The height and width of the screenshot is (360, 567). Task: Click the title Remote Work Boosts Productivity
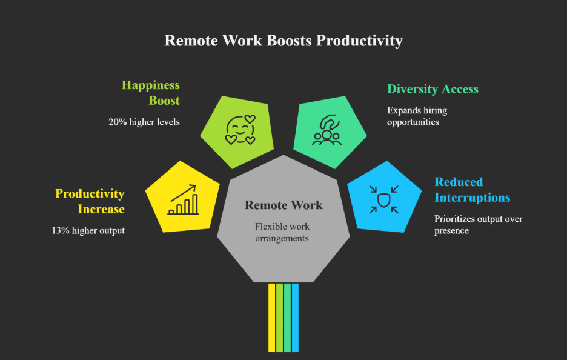(283, 41)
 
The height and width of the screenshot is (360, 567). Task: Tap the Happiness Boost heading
(151, 93)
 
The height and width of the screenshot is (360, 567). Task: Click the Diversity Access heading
(433, 89)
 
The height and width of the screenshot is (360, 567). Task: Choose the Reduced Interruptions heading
(472, 190)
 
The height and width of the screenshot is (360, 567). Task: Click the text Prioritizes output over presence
(478, 224)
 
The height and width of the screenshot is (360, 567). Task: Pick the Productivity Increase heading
(90, 201)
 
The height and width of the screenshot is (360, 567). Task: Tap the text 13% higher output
(88, 230)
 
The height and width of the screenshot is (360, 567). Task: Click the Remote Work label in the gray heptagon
(283, 205)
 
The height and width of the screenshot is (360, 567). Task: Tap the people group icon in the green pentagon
(327, 130)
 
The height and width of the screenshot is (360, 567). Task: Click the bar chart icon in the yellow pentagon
(183, 201)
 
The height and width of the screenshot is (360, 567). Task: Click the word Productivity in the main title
(360, 41)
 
